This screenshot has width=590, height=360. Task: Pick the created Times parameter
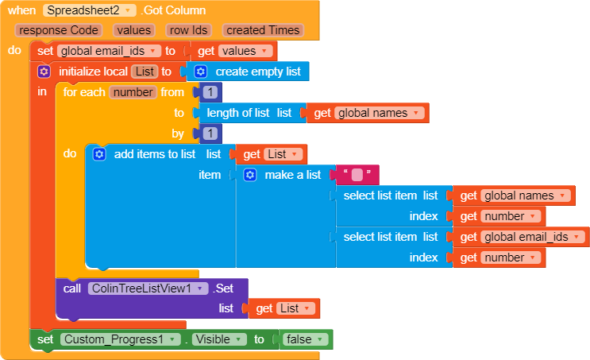[x=262, y=30]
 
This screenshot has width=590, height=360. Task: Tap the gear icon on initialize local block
[x=44, y=72]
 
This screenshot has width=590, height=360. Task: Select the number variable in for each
[x=132, y=92]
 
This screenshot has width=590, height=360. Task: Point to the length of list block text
[x=239, y=113]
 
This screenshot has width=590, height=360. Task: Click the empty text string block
[x=357, y=175]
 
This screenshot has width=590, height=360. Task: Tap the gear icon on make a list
[x=250, y=175]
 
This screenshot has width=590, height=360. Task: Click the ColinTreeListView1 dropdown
[x=148, y=288]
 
